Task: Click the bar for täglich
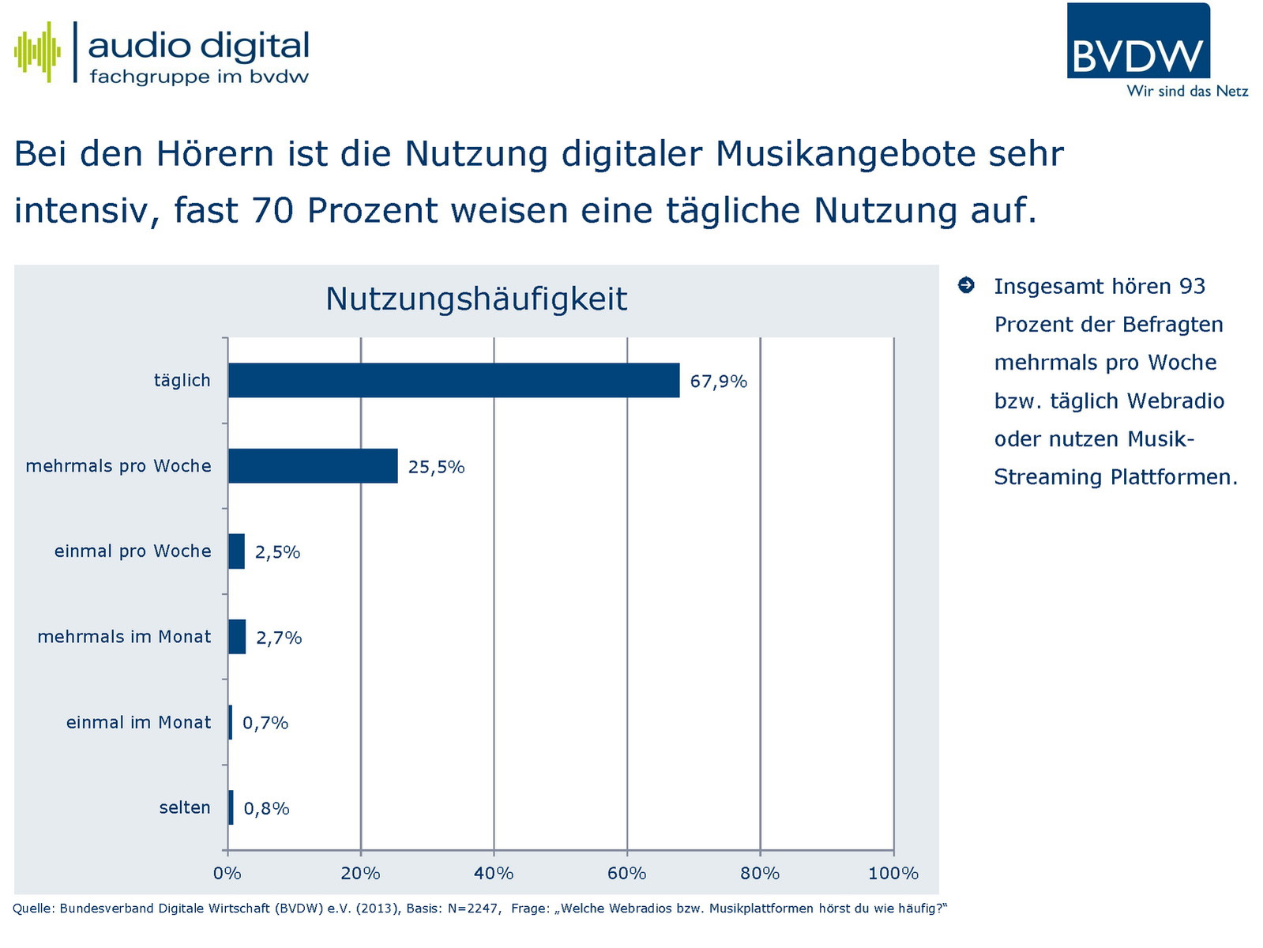453,380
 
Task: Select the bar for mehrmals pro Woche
313,466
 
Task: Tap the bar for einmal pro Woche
236,551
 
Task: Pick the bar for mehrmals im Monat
237,637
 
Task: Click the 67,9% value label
718,382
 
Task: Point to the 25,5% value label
436,467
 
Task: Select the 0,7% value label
265,723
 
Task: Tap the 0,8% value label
266,808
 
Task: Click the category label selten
185,807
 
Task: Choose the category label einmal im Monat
138,722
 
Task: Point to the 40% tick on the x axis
494,873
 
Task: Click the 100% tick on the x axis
893,873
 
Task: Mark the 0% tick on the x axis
227,873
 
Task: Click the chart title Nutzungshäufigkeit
476,299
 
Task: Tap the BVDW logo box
1138,41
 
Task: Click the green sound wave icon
37,52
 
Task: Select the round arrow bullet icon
966,285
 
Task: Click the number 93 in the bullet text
1192,286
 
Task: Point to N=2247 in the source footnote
473,908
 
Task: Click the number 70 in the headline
273,211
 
